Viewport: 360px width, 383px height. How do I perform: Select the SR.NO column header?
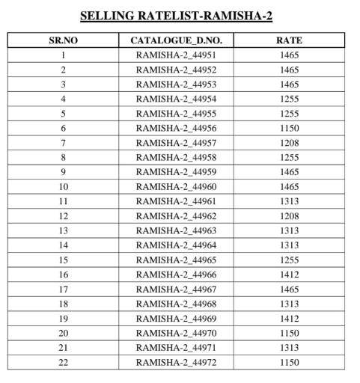(64, 40)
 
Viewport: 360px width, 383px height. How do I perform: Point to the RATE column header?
(289, 40)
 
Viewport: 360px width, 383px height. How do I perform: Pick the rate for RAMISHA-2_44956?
(289, 128)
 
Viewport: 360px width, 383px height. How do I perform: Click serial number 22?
(64, 362)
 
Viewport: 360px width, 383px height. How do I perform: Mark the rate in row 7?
(289, 142)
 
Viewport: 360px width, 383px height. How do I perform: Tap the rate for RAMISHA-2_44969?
(289, 318)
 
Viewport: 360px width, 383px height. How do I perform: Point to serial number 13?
(64, 230)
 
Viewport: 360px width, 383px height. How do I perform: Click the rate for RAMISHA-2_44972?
(289, 362)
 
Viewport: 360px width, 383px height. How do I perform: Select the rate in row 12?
(289, 215)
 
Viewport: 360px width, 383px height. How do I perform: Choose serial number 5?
(64, 113)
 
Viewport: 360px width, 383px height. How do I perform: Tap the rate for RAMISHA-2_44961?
(289, 201)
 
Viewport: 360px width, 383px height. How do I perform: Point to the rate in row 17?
(289, 289)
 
